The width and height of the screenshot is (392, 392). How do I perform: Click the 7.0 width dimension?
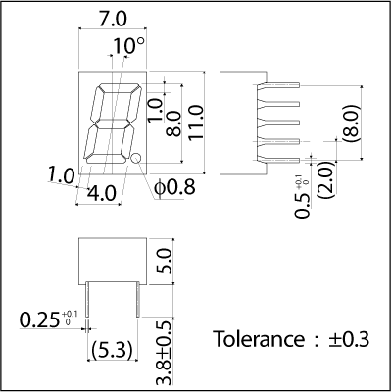(113, 20)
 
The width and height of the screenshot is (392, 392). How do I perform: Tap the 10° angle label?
(128, 46)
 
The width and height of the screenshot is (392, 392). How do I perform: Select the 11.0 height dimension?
(196, 122)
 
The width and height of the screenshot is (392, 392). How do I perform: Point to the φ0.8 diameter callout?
(175, 188)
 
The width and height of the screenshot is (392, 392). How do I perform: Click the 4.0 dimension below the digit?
(102, 193)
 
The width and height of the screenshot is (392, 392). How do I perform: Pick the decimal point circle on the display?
(136, 158)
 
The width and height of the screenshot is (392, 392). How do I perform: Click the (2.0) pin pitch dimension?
(326, 179)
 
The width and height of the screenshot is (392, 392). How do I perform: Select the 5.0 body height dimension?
(165, 261)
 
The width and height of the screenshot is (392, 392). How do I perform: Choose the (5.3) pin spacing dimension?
(113, 350)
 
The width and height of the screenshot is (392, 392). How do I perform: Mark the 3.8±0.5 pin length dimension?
(165, 353)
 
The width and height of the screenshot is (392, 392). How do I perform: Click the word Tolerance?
(259, 339)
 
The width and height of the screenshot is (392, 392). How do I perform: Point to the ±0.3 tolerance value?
(349, 339)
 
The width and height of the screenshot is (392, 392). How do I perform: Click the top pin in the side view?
(278, 85)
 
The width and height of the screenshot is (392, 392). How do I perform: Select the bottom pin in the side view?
(278, 160)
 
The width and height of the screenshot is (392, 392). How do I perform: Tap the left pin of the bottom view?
(87, 299)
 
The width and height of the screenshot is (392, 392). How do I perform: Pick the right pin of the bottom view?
(138, 299)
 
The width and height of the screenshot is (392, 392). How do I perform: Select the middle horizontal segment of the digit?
(112, 123)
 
